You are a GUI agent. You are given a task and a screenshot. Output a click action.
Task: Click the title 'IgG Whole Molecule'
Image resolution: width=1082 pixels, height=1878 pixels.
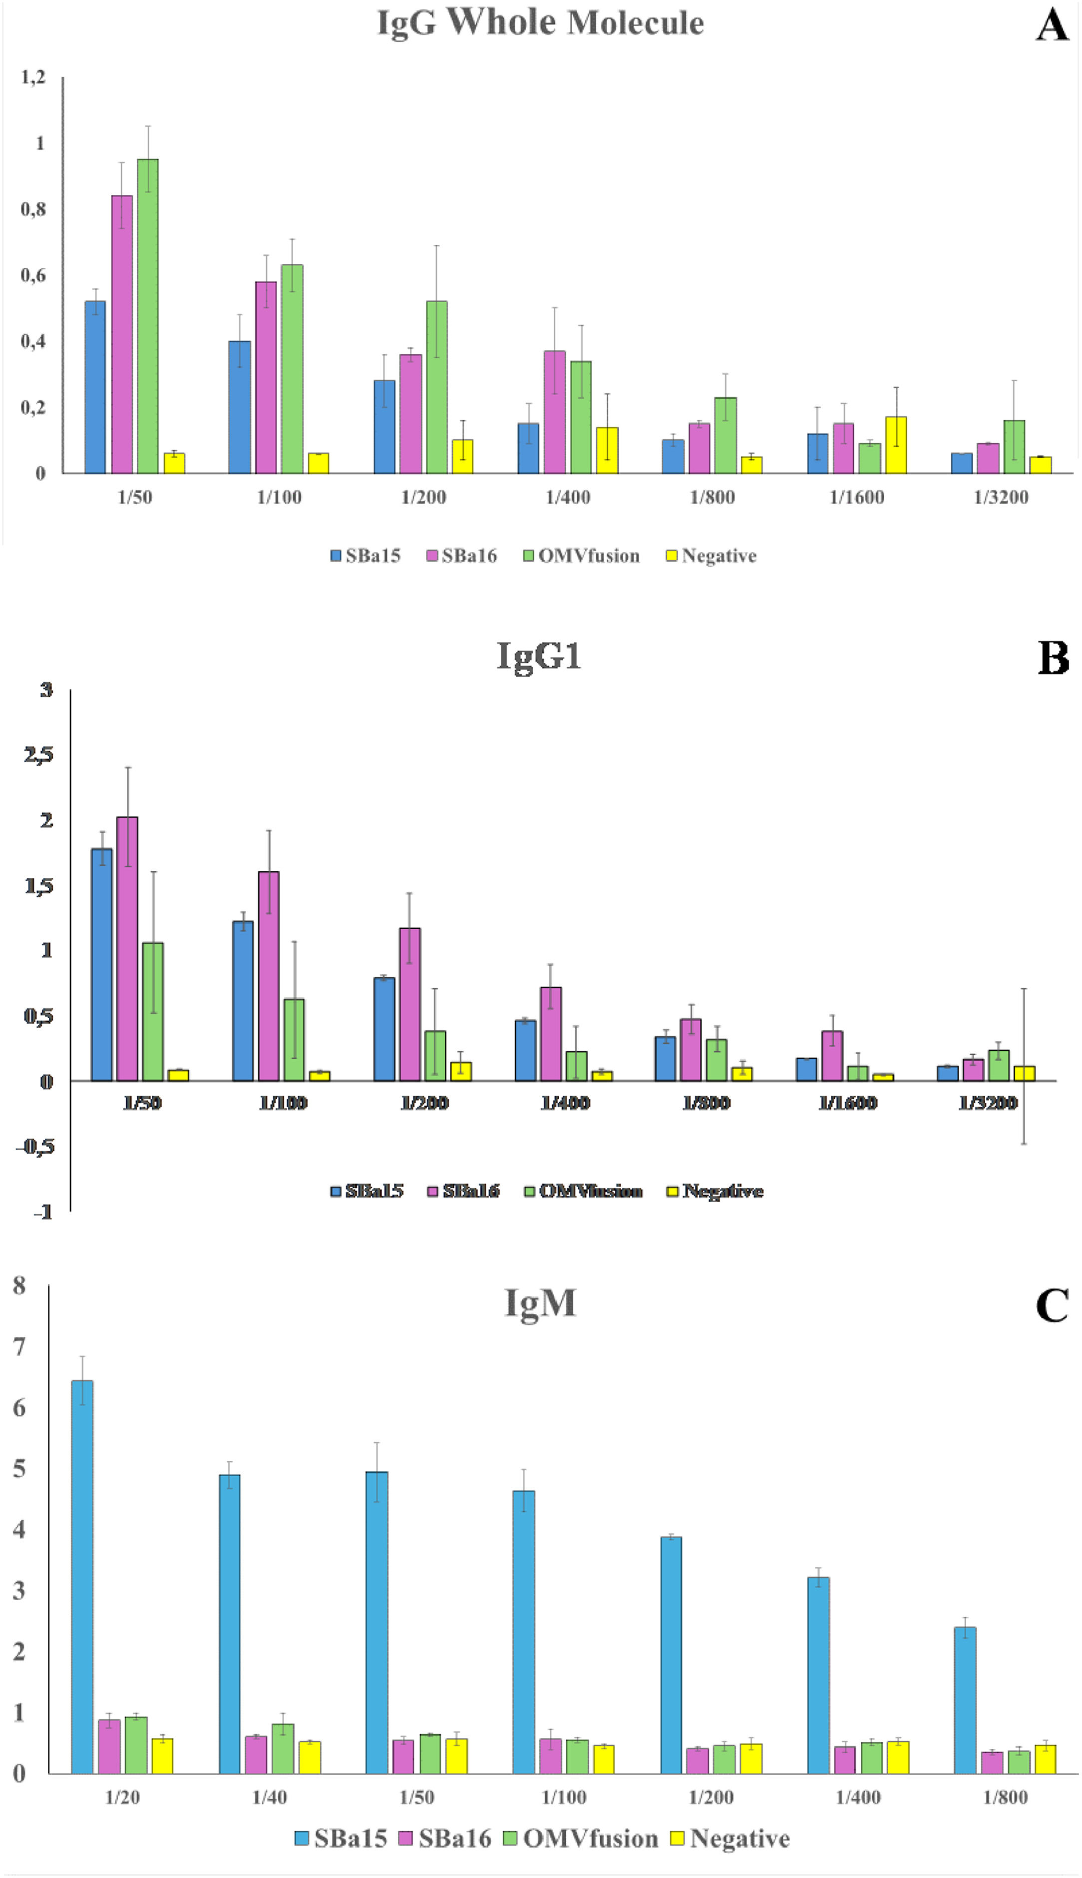pos(540,23)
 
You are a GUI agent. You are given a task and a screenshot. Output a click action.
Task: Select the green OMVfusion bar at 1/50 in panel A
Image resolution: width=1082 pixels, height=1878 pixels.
pos(147,316)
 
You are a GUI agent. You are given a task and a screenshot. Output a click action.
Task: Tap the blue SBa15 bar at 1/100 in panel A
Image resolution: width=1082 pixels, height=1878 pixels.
pos(239,407)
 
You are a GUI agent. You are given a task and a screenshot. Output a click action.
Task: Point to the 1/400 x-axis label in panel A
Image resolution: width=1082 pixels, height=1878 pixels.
pos(568,498)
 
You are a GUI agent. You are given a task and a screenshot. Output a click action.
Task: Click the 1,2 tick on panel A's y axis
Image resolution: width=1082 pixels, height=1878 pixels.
pos(32,76)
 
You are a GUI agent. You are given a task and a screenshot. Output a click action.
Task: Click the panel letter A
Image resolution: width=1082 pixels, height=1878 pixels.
pos(1052,26)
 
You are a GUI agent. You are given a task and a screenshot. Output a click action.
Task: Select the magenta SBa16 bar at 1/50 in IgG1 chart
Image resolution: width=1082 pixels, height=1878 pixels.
pos(127,948)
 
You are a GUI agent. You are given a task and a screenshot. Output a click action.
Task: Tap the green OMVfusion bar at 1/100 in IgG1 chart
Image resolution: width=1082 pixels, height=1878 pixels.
pos(294,1039)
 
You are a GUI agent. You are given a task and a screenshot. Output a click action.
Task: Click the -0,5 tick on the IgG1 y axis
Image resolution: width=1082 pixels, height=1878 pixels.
pos(35,1147)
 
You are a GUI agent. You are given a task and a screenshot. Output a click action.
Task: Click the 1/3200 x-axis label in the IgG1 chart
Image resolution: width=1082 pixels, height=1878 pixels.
pos(988,1103)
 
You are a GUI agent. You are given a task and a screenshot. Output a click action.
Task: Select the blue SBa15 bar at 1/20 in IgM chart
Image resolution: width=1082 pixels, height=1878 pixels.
pos(82,1576)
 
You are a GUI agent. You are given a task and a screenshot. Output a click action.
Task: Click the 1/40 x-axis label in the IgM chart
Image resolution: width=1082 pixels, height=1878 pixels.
pos(269,1797)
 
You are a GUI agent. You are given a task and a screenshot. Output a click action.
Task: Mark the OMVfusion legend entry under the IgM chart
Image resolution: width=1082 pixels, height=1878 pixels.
pos(581,1839)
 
